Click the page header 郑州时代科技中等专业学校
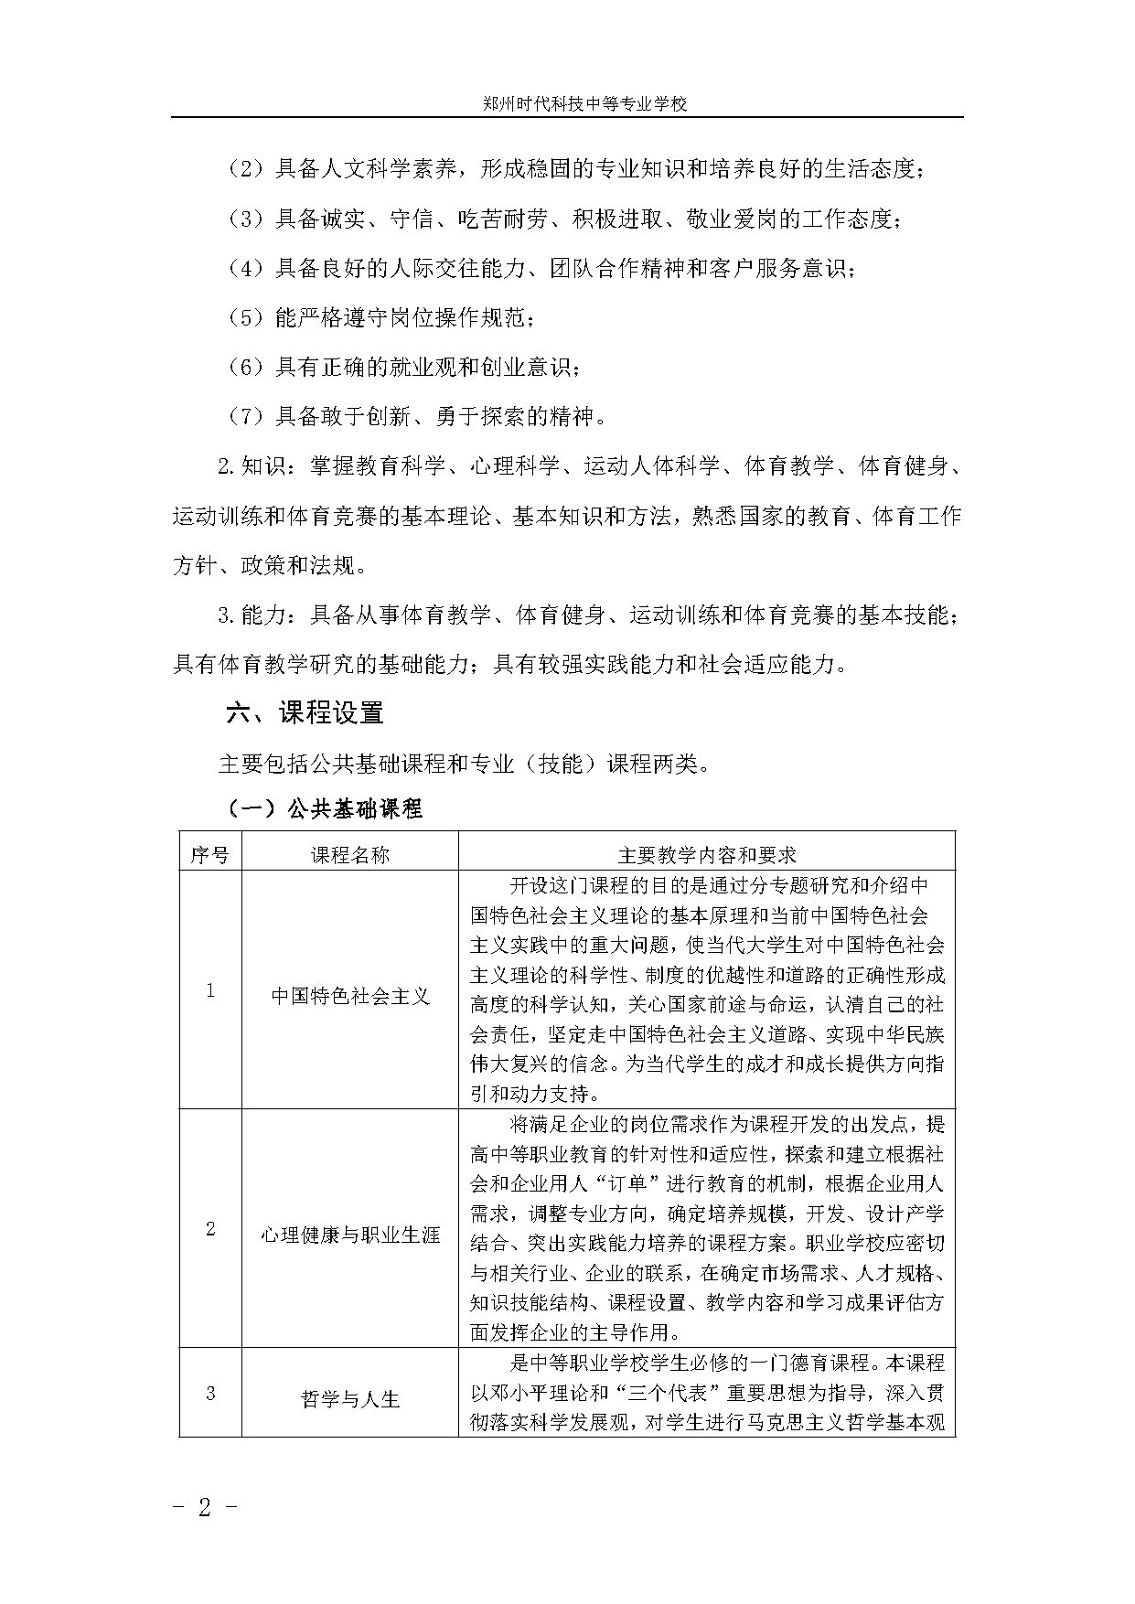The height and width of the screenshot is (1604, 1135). pyautogui.click(x=584, y=104)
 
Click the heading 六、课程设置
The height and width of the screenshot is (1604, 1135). pyautogui.click(x=305, y=713)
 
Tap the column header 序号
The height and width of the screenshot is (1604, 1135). pyautogui.click(x=209, y=855)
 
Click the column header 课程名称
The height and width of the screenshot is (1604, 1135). pyautogui.click(x=350, y=855)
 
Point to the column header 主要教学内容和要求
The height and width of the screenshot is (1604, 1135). pyautogui.click(x=706, y=855)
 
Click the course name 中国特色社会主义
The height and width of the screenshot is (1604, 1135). pyautogui.click(x=350, y=996)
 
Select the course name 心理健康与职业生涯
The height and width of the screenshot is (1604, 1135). pyautogui.click(x=350, y=1235)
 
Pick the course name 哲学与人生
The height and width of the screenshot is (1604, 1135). pyautogui.click(x=350, y=1399)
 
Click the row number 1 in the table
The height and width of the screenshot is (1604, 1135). pyautogui.click(x=210, y=991)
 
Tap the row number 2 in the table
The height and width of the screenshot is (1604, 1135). pyautogui.click(x=210, y=1229)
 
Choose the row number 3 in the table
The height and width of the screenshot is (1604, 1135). pyautogui.click(x=210, y=1394)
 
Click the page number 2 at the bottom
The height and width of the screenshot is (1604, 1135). pyautogui.click(x=205, y=1508)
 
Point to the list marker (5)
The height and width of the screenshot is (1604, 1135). pyautogui.click(x=245, y=318)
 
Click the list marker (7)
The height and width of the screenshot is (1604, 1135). pyautogui.click(x=245, y=417)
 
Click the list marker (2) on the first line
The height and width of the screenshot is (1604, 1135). pyautogui.click(x=245, y=169)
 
